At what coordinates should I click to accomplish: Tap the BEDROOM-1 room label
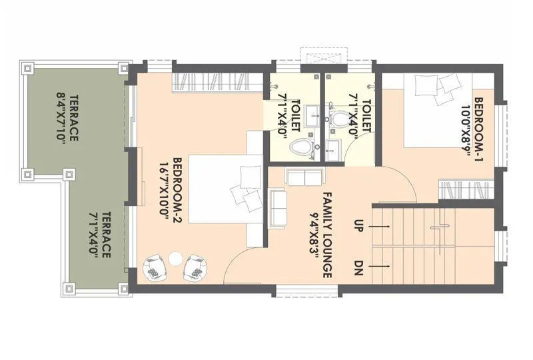tap(478, 130)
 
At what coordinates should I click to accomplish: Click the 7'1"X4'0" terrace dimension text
tap(94, 233)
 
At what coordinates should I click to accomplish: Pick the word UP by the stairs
tap(358, 227)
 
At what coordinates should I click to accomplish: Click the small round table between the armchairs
tap(175, 259)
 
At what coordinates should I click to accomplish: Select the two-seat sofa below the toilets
tap(304, 177)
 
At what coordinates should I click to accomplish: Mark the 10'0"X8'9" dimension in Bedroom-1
tap(464, 130)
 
